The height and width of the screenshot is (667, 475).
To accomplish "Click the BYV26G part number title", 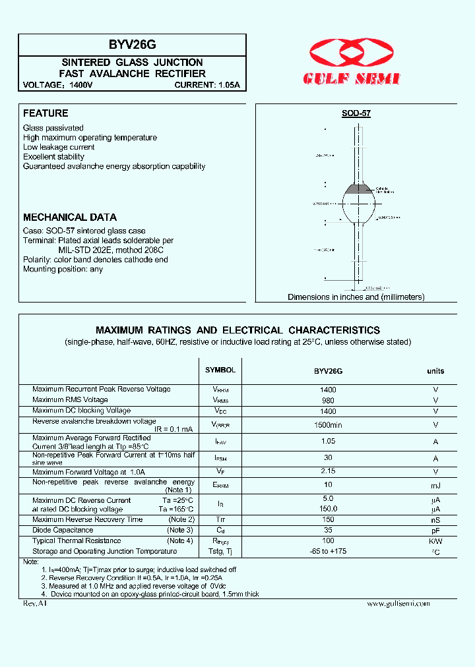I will (x=133, y=45).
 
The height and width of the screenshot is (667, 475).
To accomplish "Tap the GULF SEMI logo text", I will (x=352, y=78).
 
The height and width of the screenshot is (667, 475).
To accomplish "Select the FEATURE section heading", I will (x=46, y=113).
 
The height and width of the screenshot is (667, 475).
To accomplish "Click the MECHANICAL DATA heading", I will (x=70, y=217).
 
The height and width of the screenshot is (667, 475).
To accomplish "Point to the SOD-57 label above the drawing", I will (x=356, y=113).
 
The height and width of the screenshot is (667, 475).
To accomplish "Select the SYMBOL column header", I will (x=220, y=370).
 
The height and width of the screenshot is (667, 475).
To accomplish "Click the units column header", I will (x=435, y=371).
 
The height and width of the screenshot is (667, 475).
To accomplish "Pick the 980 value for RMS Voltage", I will (x=328, y=400).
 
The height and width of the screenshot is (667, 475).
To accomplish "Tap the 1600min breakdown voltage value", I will (x=328, y=425).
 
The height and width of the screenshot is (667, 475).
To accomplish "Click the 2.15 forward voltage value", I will (x=328, y=472).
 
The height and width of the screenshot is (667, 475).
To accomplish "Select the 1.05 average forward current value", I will (x=328, y=442).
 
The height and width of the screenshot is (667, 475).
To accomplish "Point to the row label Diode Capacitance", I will (x=63, y=530).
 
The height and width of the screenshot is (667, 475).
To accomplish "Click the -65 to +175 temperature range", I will (x=328, y=551).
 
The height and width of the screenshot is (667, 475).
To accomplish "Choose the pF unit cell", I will (x=435, y=530).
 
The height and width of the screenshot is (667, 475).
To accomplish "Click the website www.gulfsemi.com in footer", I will (x=398, y=603).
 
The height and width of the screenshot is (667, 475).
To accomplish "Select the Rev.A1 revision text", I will (x=34, y=603).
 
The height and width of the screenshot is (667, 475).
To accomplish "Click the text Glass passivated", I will (x=53, y=128).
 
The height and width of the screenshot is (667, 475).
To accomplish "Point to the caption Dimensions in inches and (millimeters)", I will (x=356, y=297).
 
